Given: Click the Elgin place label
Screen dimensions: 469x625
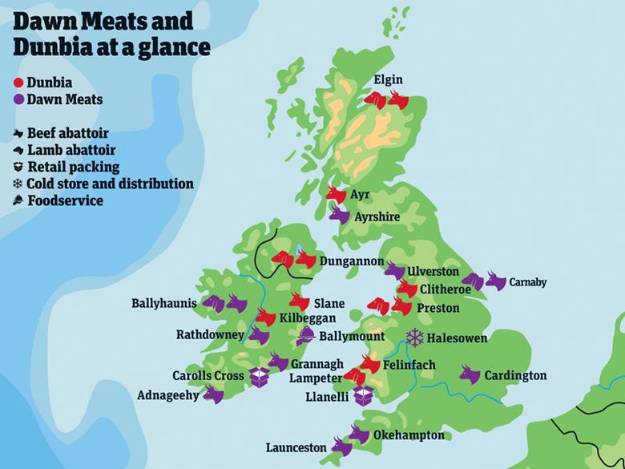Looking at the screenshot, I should point(388,79).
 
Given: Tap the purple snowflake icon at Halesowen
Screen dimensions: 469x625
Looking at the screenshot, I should point(415,338).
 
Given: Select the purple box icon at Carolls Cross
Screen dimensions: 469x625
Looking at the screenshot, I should point(258,376).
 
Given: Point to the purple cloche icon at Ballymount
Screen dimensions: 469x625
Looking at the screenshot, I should point(305,337).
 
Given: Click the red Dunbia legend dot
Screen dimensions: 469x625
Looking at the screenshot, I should point(18,82).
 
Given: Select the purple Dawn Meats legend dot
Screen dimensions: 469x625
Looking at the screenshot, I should point(18,99).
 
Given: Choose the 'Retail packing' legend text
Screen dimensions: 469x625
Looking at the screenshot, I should point(73,167).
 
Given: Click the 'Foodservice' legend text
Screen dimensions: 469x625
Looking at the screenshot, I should point(65,200).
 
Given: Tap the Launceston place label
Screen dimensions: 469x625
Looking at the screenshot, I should point(296,447).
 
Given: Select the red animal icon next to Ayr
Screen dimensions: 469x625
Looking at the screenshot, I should point(337,195).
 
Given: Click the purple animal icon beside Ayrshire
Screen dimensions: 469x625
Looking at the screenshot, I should point(340,216).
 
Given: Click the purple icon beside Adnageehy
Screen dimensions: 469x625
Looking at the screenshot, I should point(213,394).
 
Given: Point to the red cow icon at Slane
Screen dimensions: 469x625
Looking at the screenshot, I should point(299,302).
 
